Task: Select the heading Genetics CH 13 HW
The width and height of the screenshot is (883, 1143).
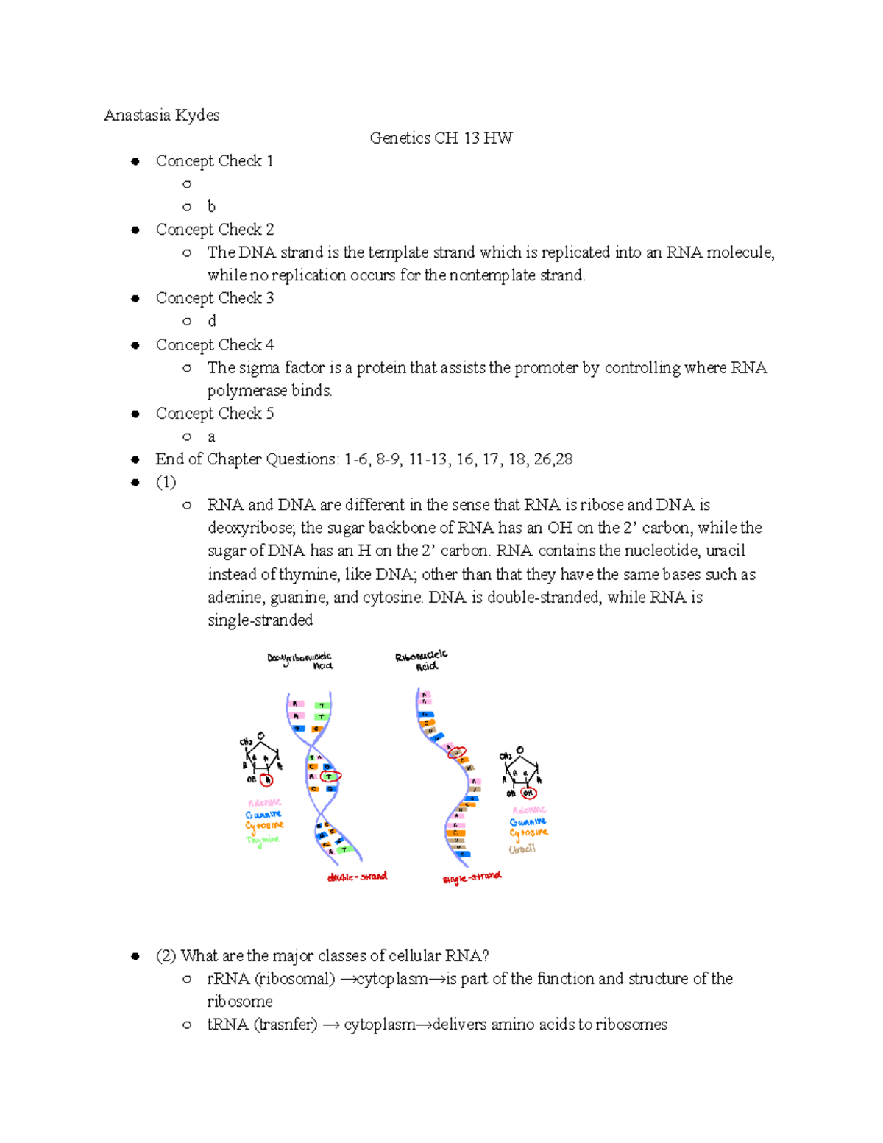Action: click(x=441, y=138)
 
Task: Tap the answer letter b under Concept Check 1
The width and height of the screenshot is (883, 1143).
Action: click(x=211, y=207)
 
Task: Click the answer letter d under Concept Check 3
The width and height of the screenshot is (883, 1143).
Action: click(x=212, y=321)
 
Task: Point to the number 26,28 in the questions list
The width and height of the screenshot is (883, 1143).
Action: click(x=553, y=459)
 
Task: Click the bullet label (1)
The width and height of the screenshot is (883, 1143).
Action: click(x=166, y=482)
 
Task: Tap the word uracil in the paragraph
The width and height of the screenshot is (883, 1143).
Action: click(x=726, y=551)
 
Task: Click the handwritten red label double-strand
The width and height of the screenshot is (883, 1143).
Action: click(x=357, y=877)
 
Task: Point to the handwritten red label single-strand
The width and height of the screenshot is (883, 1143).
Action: click(x=472, y=877)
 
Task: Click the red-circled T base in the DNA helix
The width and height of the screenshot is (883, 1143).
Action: click(x=330, y=776)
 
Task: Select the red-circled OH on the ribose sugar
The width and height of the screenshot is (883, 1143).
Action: click(x=528, y=793)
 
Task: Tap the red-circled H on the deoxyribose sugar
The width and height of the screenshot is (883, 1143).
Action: click(x=268, y=780)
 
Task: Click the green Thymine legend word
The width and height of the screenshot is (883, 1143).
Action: click(x=263, y=840)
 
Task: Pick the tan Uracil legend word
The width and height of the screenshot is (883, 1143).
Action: click(x=522, y=849)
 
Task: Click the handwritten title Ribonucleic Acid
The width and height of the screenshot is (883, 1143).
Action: click(x=422, y=660)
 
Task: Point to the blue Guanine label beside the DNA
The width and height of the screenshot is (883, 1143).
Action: click(x=263, y=815)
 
